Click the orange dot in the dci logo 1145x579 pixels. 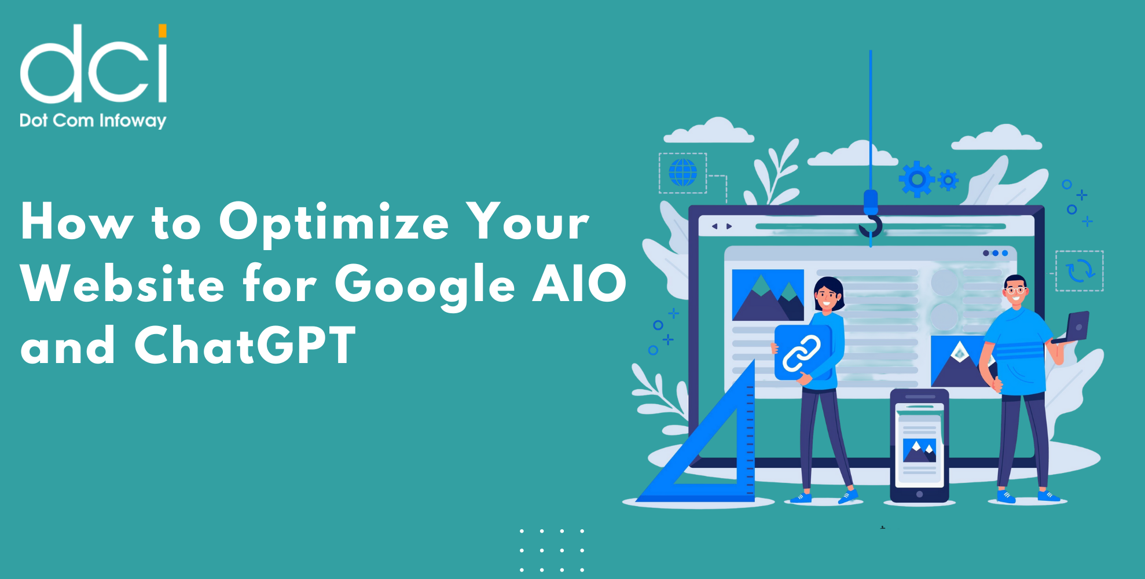point(163,31)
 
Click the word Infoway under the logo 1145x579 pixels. point(133,120)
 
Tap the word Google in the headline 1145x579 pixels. point(424,285)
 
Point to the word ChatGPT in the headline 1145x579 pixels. point(245,346)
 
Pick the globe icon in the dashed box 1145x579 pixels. point(682,173)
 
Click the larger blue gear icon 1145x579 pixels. point(917,179)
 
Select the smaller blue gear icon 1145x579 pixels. point(948,181)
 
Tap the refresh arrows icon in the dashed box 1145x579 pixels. point(1080,270)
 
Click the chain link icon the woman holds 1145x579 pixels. point(802,353)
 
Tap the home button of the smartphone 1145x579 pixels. point(919,494)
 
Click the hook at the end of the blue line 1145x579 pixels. point(871,226)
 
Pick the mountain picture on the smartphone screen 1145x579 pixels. point(919,450)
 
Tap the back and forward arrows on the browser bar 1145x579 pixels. point(721,226)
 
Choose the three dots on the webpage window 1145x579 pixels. point(995,253)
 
